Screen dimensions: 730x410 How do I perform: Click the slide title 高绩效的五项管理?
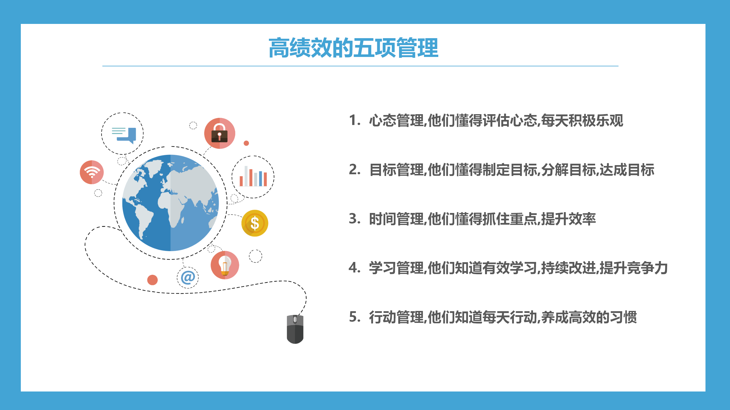353,48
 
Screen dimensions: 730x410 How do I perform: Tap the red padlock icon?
220,133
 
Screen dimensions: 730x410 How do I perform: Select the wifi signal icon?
92,172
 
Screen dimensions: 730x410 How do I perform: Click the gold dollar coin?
255,223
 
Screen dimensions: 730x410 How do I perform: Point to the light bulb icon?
225,265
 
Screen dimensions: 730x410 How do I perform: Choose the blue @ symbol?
188,277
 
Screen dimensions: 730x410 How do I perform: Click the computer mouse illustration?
295,329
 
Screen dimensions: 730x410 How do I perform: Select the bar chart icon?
253,176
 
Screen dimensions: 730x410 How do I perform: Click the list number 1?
355,120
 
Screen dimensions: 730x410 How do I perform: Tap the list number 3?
355,219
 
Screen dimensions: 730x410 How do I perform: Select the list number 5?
355,317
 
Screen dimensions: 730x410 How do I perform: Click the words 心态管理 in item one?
396,120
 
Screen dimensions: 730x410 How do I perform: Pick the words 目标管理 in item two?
396,170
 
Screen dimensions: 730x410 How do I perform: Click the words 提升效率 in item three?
568,219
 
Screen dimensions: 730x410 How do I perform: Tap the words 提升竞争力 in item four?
634,268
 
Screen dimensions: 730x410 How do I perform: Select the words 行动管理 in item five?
396,317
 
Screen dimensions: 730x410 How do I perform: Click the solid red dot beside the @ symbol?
152,280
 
